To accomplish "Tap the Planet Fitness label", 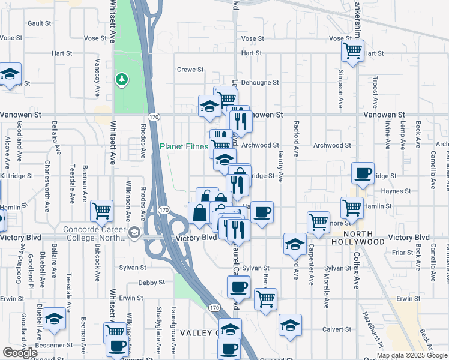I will click(184, 146).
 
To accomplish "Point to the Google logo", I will click(20, 353).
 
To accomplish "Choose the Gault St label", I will click(39, 23).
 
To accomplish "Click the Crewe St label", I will click(190, 70).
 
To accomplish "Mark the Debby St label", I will click(151, 283).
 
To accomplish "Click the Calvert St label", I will click(337, 329).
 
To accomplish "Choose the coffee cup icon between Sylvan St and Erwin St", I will click(238, 287).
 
